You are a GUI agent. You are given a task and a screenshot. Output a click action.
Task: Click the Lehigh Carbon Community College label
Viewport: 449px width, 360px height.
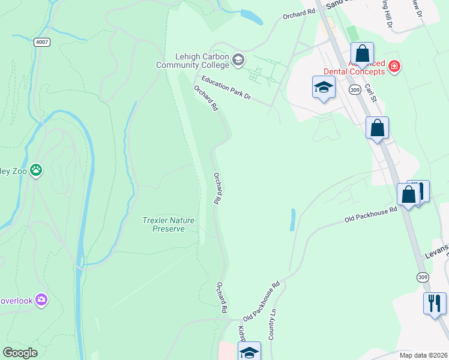[x=193, y=59]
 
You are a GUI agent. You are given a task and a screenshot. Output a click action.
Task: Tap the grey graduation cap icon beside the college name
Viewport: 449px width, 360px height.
[x=238, y=59]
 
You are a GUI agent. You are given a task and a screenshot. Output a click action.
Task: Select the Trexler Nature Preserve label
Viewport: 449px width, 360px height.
[x=169, y=224]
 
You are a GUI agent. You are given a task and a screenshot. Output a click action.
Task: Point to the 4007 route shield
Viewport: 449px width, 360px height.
[x=42, y=42]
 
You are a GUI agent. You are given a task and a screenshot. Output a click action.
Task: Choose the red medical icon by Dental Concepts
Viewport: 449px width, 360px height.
[x=394, y=66]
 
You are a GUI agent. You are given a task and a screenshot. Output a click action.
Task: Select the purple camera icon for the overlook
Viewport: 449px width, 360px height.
[x=41, y=299]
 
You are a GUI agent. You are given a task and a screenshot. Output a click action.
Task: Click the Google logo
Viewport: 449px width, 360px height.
[x=20, y=353]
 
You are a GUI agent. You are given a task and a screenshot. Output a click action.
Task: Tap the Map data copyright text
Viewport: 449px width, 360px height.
[x=423, y=355]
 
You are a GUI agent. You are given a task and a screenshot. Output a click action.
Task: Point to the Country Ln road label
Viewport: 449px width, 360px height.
[x=272, y=324]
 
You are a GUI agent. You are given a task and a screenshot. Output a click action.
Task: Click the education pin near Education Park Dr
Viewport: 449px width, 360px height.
[x=324, y=88]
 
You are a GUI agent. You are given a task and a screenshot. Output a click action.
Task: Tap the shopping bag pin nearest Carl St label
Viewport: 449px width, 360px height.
[x=377, y=128]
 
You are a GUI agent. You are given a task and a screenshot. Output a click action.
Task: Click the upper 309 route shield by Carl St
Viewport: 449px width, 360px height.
[x=355, y=89]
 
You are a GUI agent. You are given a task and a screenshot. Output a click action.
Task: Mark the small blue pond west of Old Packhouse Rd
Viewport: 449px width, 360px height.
[x=292, y=220]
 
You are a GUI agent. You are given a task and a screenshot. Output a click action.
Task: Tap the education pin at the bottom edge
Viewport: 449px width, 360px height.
[x=250, y=352]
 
